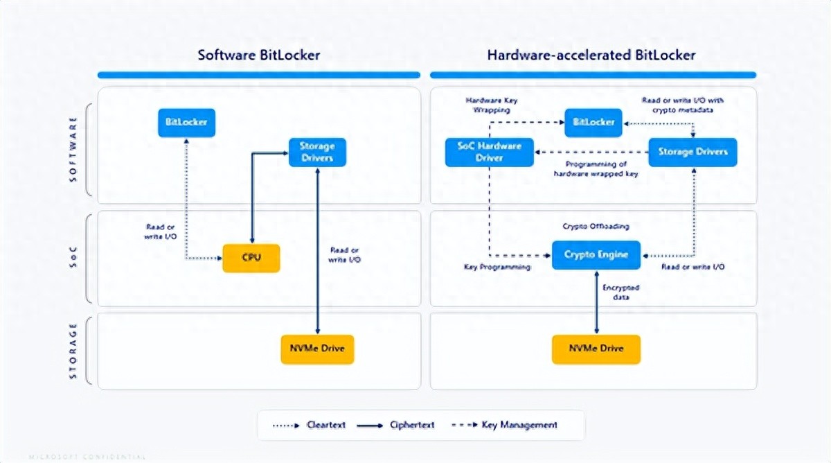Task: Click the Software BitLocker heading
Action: coord(259,55)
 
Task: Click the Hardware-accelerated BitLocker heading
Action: coord(591,55)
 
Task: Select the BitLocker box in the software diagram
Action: coord(186,123)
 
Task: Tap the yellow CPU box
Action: coord(251,258)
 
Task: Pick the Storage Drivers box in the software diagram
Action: coord(317,152)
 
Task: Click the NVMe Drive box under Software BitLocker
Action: coord(317,349)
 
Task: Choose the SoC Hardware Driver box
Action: coord(490,152)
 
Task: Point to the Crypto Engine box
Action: coord(596,255)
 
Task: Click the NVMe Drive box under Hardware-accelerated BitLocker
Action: coord(596,349)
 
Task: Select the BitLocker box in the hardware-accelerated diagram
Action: coord(593,123)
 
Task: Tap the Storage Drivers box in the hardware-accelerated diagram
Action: coord(692,152)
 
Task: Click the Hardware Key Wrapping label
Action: coord(491,105)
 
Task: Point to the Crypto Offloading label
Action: coord(596,227)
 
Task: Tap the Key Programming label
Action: coord(497,267)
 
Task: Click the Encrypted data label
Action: coord(620,292)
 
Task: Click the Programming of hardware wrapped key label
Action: coord(596,169)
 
